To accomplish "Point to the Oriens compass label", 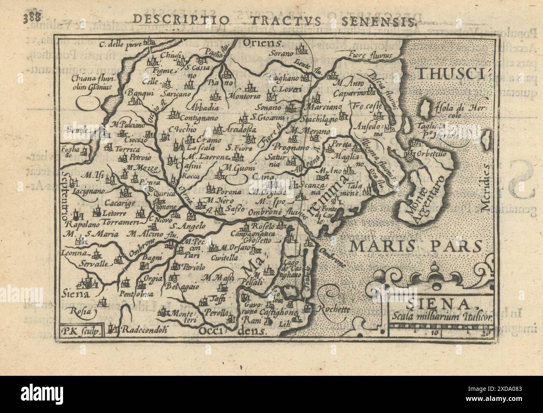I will [x=263, y=43].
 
